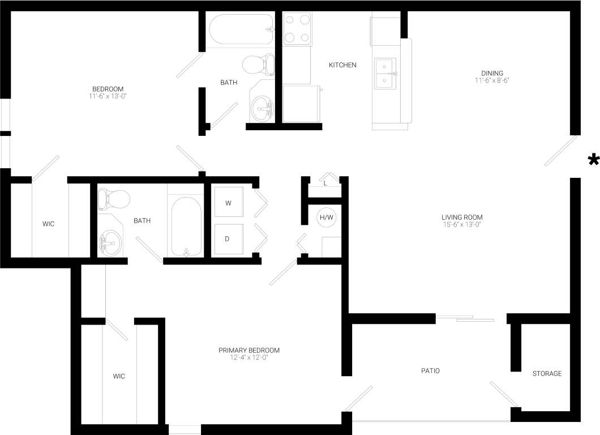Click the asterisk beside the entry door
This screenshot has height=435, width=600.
click(x=593, y=160)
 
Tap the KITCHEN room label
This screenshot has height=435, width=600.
click(x=342, y=65)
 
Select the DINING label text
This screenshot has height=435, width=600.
click(x=492, y=73)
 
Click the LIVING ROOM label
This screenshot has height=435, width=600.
click(x=462, y=217)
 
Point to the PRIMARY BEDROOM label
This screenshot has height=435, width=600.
click(x=249, y=350)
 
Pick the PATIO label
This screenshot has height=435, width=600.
click(x=430, y=371)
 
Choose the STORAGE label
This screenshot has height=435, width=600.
click(x=547, y=373)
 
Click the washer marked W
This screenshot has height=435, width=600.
click(x=228, y=203)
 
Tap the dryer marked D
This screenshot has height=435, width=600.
click(x=228, y=238)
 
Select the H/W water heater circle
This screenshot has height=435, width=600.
click(x=327, y=217)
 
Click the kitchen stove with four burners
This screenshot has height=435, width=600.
click(x=297, y=29)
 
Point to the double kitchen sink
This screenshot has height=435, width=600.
click(x=385, y=74)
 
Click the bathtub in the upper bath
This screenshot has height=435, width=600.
click(x=241, y=29)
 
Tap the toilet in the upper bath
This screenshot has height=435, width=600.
click(x=258, y=65)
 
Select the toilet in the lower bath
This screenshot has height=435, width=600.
click(x=114, y=199)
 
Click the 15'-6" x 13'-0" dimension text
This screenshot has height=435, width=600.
click(x=462, y=224)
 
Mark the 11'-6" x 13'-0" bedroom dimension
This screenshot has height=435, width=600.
click(x=108, y=96)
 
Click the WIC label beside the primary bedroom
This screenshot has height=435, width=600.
click(x=119, y=376)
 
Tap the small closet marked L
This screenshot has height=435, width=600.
click(x=325, y=182)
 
